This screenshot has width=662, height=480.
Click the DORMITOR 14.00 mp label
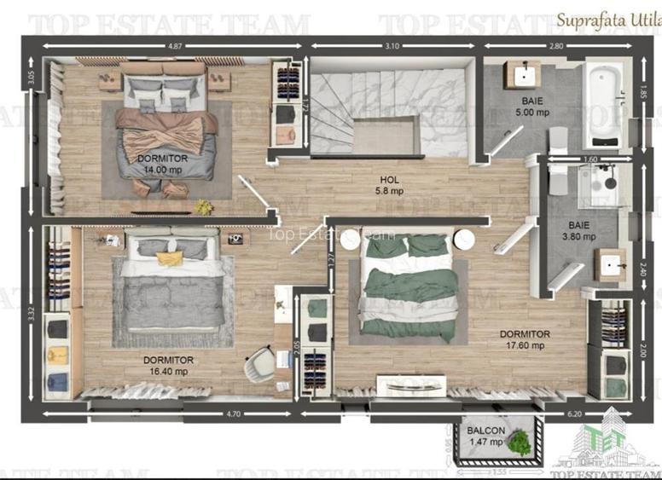click(x=162, y=164)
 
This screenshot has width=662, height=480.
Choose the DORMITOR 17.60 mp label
click(x=525, y=340)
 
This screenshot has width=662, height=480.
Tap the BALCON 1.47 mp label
click(x=485, y=437)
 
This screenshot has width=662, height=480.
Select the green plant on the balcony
click(x=517, y=441)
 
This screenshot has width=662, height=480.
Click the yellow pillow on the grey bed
click(x=170, y=257)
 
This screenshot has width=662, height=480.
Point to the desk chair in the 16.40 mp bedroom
click(x=258, y=367)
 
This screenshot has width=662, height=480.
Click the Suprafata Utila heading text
click(x=607, y=17)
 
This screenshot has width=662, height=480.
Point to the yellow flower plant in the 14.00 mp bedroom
click(x=202, y=206)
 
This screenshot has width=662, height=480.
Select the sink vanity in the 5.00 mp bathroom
click(x=520, y=74)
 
